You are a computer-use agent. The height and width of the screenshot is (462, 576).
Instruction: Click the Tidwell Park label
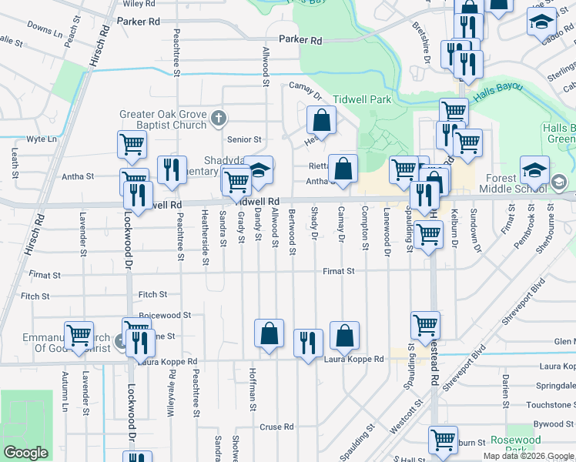363,100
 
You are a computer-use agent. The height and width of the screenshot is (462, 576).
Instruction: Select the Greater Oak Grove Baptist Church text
163,119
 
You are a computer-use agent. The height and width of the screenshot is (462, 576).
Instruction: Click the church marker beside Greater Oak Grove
219,119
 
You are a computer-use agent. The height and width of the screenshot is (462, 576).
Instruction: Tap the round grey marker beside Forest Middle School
559,182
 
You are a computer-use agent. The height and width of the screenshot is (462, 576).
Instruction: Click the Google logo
25,453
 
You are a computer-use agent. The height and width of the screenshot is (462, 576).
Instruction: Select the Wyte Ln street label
42,139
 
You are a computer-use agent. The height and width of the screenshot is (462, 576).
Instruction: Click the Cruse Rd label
276,427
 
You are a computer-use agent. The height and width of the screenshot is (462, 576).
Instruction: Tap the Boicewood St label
165,315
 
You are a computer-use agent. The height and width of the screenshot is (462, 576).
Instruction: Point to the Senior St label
245,139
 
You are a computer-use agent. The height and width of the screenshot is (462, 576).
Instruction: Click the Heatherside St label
206,238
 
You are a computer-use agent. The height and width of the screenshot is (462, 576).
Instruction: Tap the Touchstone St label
548,404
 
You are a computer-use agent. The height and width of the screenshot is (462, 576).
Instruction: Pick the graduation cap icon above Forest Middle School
534,169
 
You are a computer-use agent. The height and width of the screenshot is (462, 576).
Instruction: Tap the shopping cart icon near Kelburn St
443,440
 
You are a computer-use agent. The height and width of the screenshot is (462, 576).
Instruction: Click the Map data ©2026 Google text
528,456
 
